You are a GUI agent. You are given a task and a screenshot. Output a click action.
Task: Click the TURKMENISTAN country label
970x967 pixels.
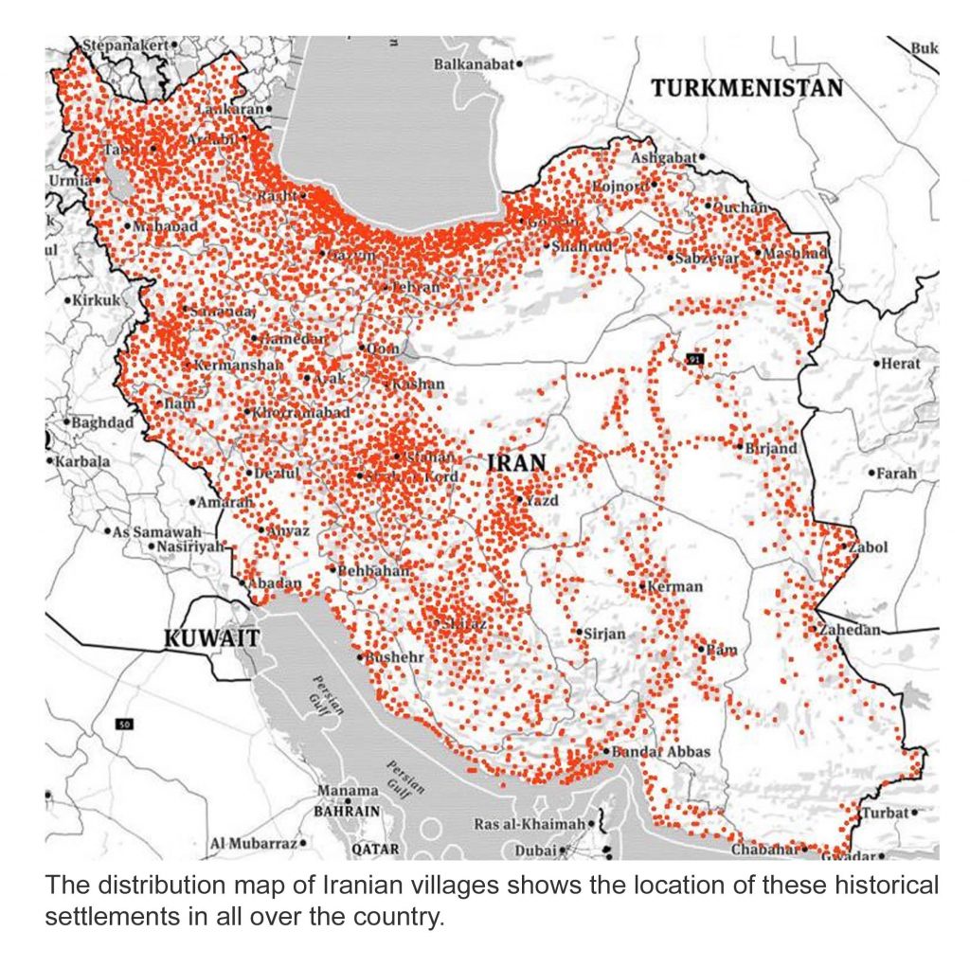click(x=746, y=88)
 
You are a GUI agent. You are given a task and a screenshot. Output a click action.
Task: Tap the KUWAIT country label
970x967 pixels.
click(x=211, y=637)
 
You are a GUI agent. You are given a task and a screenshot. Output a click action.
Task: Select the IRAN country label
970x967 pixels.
click(x=516, y=463)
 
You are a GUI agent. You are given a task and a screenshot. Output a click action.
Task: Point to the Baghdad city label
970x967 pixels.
click(x=102, y=422)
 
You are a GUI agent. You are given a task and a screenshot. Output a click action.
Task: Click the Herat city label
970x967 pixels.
click(x=900, y=364)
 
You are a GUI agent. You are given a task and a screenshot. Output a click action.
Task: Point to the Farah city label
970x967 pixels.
click(x=897, y=473)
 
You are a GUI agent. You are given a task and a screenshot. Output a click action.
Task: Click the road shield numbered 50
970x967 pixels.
click(x=123, y=725)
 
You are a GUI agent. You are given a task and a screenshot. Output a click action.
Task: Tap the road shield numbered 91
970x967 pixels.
click(x=697, y=358)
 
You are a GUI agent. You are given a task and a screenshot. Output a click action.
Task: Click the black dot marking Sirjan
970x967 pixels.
click(x=579, y=632)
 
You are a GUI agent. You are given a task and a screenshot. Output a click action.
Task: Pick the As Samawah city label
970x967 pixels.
click(x=151, y=532)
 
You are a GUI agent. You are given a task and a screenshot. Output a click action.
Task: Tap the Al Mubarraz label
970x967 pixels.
click(x=253, y=843)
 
